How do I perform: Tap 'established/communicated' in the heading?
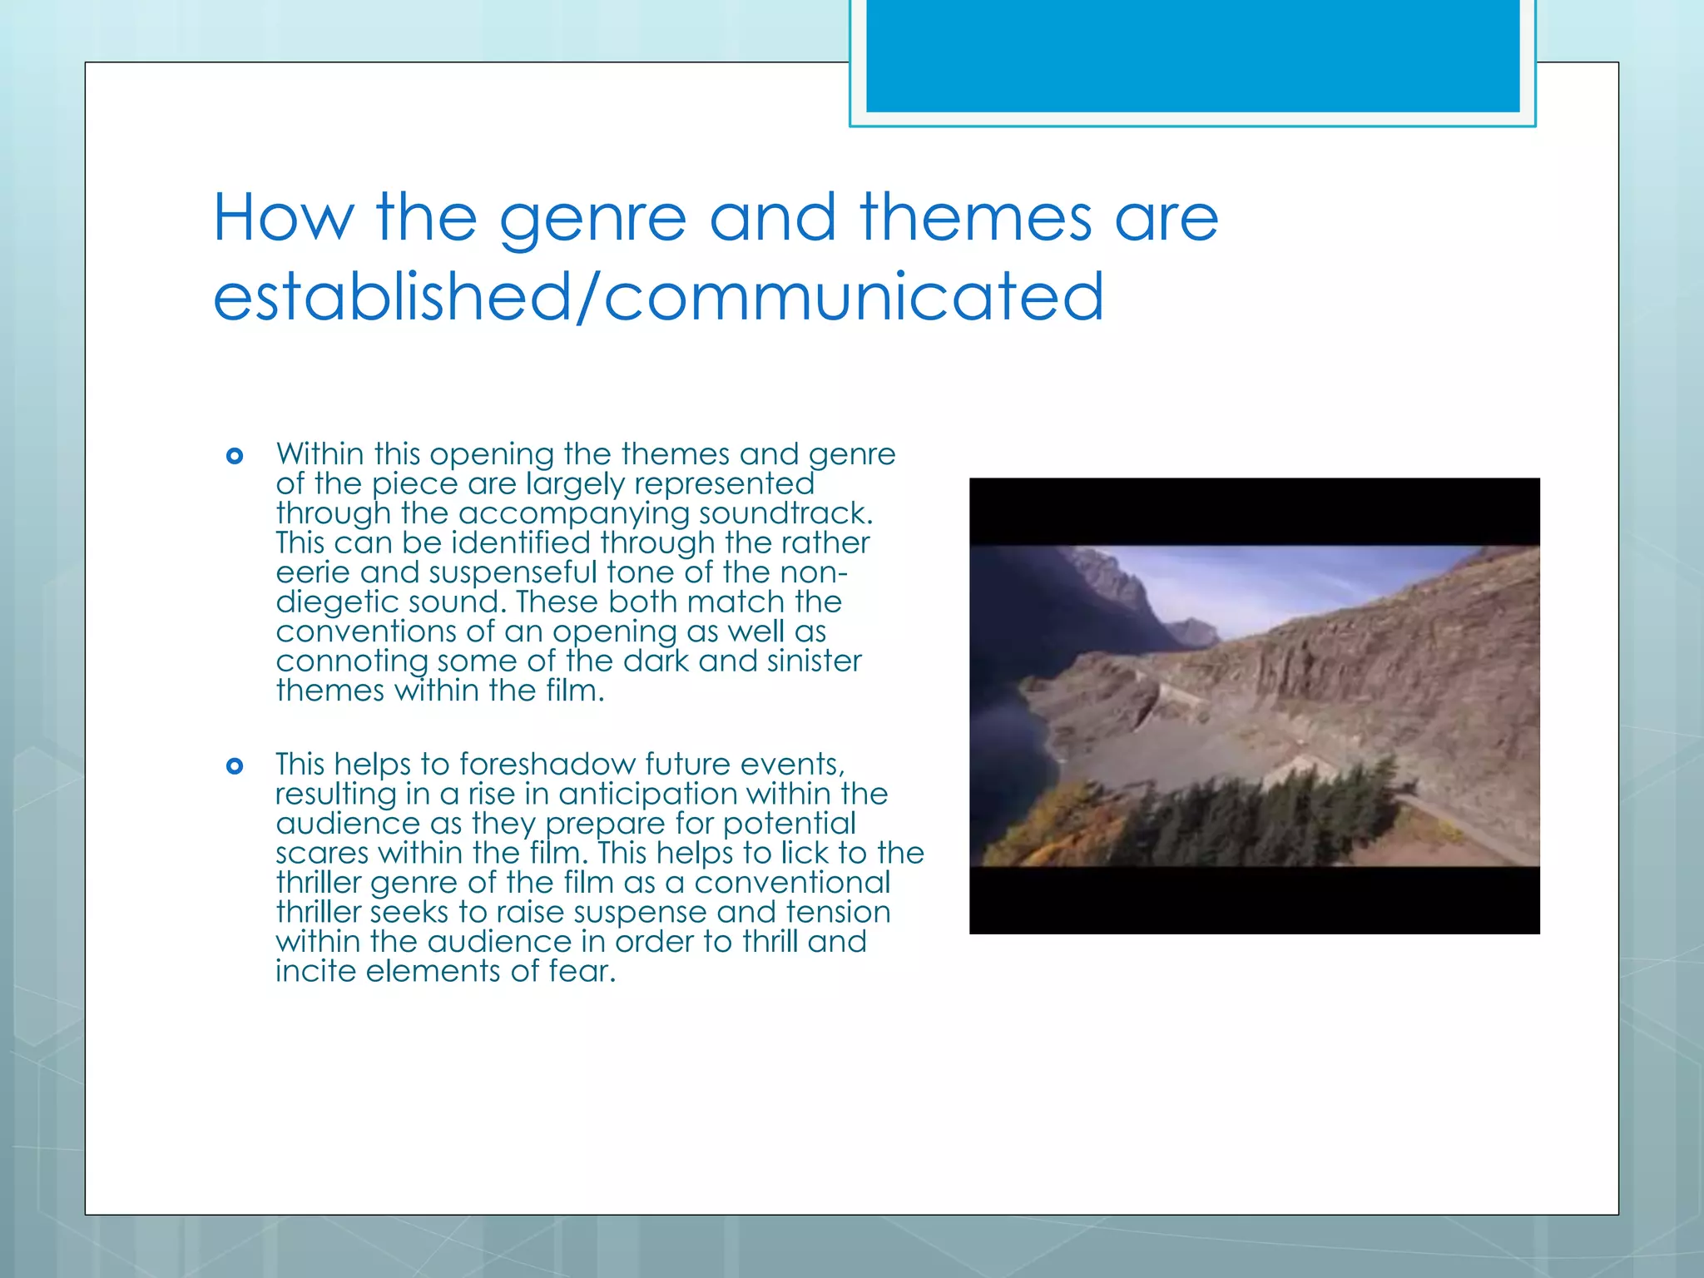pos(658,297)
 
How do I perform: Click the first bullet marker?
pos(235,456)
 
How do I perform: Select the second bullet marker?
pos(235,766)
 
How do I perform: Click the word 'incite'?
pos(315,971)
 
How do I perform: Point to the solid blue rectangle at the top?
pos(1192,56)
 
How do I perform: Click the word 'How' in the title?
pos(283,218)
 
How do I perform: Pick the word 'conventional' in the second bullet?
pos(792,883)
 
